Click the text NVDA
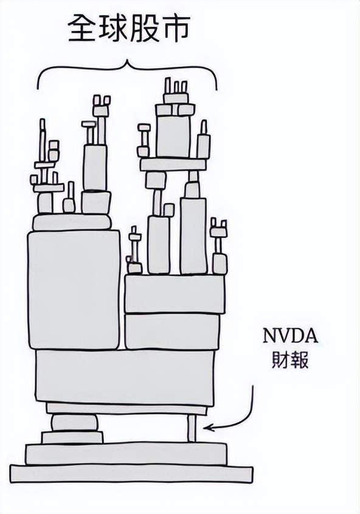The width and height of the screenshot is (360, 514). click(x=291, y=335)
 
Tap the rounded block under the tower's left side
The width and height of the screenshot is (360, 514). click(x=75, y=422)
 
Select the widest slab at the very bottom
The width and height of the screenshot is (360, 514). click(x=131, y=474)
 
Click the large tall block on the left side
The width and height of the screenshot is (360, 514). click(x=74, y=290)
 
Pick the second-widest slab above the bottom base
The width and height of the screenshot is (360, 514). click(x=126, y=454)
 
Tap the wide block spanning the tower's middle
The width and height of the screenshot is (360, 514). click(x=125, y=375)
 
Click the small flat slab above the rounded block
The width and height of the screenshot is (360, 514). click(x=72, y=437)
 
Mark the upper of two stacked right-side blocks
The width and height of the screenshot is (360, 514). click(x=175, y=294)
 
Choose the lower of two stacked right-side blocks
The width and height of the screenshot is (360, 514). click(x=172, y=331)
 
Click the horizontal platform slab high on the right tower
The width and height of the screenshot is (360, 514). click(x=173, y=165)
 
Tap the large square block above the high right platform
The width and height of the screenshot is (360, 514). click(x=173, y=136)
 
